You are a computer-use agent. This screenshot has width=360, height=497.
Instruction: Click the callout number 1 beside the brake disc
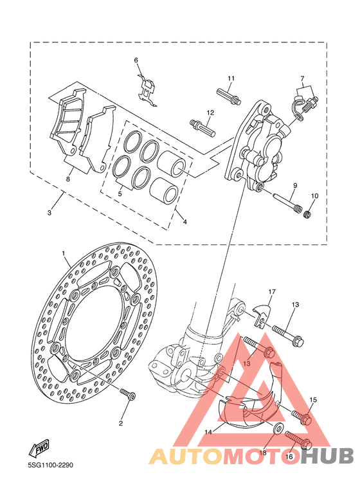click(x=64, y=253)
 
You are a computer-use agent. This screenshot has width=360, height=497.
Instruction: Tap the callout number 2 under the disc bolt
click(x=121, y=423)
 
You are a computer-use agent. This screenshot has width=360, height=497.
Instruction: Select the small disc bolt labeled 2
click(x=128, y=394)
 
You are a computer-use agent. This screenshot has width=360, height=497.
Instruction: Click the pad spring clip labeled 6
click(x=147, y=90)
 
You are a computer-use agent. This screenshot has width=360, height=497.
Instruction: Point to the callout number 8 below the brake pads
click(x=67, y=179)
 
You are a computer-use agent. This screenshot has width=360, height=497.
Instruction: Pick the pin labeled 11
click(x=229, y=96)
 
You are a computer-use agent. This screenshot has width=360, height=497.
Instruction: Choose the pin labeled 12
click(x=203, y=128)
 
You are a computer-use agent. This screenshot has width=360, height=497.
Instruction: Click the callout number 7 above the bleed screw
click(x=302, y=78)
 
